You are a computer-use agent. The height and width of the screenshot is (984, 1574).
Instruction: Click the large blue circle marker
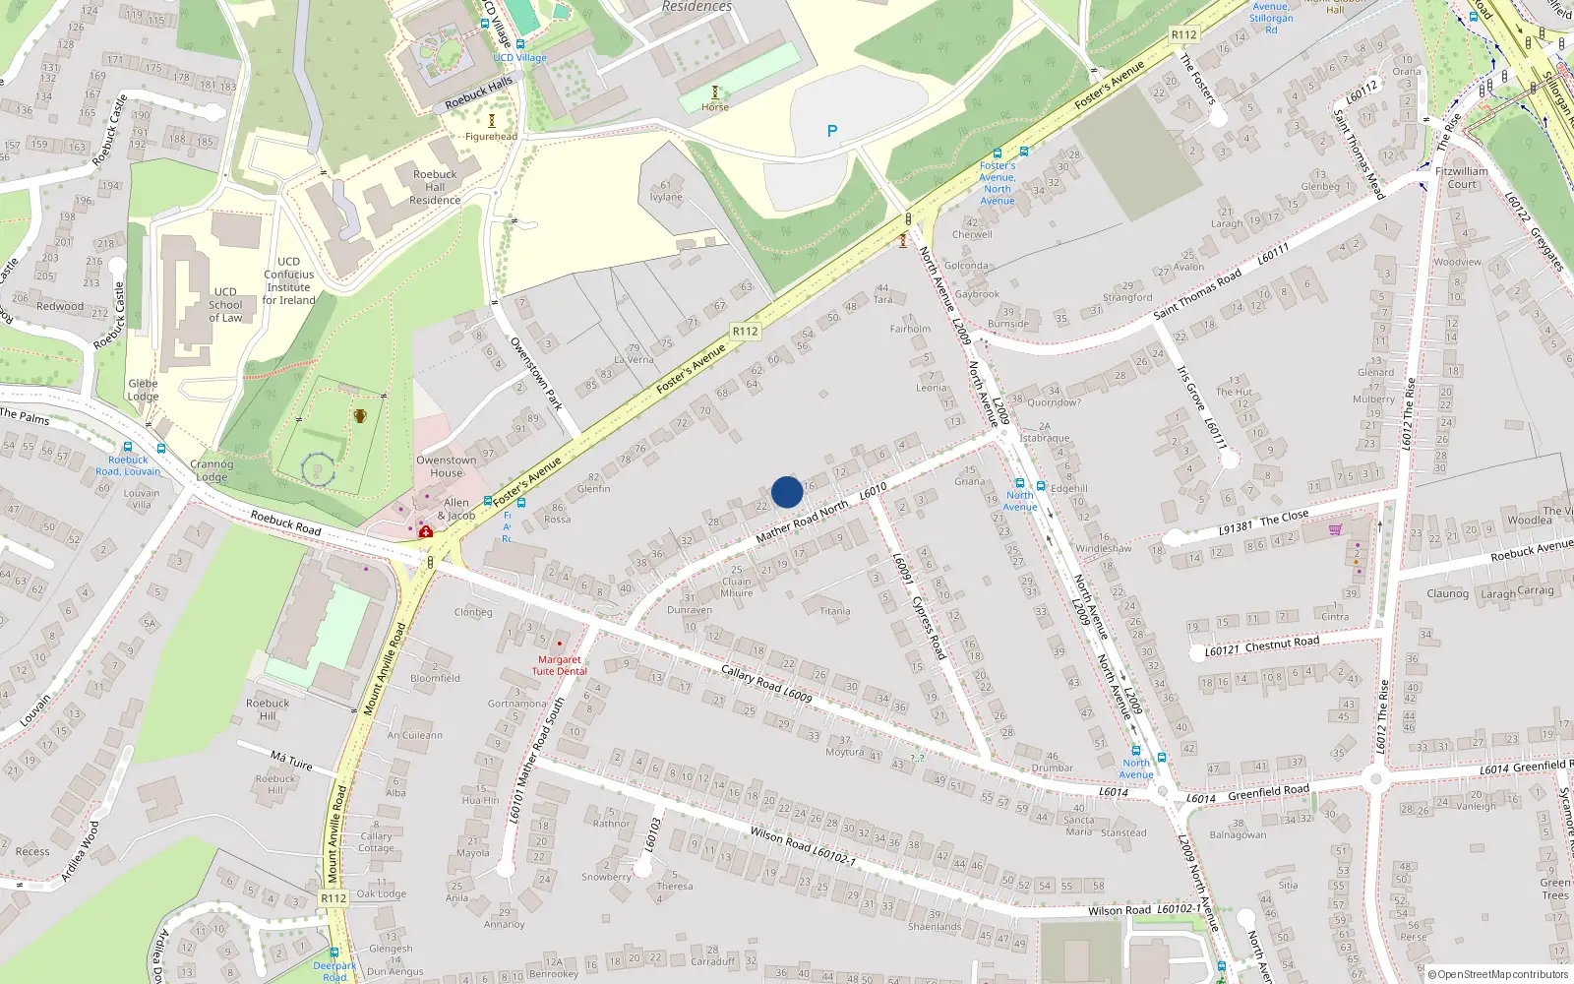[x=787, y=492]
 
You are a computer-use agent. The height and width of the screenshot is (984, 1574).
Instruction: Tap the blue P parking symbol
[x=832, y=131]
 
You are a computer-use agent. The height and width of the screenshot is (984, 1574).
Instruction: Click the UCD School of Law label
[x=225, y=305]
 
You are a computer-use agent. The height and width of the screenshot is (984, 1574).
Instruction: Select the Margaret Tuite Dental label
[x=559, y=665]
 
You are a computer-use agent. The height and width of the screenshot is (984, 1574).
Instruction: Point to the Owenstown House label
[x=446, y=466]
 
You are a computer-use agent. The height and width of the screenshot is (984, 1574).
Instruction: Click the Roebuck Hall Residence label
[x=435, y=187]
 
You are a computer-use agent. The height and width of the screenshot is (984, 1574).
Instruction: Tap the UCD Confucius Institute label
[x=289, y=280]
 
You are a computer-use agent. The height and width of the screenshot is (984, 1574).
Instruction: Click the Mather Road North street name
[x=802, y=522]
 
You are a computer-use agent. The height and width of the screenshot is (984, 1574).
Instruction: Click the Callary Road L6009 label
[x=766, y=682]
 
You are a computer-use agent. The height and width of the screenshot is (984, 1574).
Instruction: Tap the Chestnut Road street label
[x=1282, y=645]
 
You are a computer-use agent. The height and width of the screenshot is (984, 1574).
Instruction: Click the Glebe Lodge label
[x=143, y=390]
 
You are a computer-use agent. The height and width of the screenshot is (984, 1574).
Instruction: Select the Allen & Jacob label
[x=455, y=509]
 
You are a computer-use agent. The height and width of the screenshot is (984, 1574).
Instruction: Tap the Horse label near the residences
[x=715, y=107]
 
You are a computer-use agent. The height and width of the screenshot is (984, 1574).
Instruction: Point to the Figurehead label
[x=491, y=137]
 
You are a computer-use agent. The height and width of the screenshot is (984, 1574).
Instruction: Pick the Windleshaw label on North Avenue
[x=1103, y=548]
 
